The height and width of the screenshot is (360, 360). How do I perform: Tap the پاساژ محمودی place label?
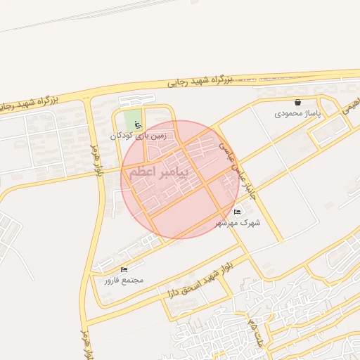(x=297, y=112)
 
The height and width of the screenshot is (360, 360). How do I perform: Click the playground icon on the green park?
(x=137, y=125)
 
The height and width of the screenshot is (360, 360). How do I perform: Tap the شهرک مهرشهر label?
(x=240, y=222)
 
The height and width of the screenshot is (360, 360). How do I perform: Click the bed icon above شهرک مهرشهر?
(x=237, y=212)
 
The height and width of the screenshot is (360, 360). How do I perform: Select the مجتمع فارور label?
(x=124, y=280)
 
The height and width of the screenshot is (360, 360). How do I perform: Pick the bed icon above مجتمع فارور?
(x=124, y=269)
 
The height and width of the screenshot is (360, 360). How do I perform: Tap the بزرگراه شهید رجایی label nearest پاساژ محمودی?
(x=200, y=82)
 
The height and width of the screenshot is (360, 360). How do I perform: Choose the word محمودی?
(x=288, y=112)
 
